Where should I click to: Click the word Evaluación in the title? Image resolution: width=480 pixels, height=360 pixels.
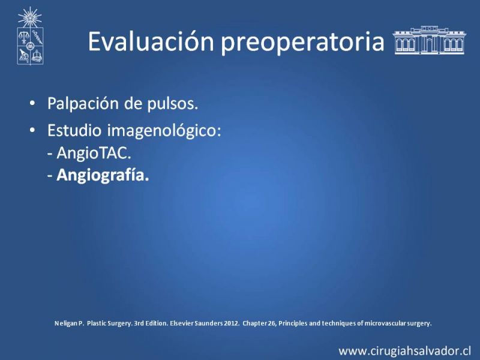coord(151,41)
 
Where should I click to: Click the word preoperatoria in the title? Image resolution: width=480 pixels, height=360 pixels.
coord(302,43)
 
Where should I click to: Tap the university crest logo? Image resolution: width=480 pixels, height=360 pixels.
coord(30,35)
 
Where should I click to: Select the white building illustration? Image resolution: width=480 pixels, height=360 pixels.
coord(429,40)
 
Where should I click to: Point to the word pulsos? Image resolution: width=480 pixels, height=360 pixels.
coord(173,103)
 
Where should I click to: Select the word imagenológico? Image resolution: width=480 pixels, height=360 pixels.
coord(164,131)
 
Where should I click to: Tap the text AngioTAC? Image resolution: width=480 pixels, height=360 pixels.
coord(94,152)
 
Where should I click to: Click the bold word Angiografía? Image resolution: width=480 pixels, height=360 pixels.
coord(103,175)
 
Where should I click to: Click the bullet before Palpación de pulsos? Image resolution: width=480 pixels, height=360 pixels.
coord(32,103)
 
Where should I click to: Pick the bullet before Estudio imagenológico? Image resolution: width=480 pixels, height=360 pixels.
coord(32,130)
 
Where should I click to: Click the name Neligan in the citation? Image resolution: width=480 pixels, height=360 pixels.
coord(64,323)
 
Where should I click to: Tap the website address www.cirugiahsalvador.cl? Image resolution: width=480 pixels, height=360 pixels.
coord(404,351)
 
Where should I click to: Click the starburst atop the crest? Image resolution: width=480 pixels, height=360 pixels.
coord(29,17)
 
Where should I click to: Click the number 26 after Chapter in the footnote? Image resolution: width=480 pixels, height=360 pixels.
coord(272,323)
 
